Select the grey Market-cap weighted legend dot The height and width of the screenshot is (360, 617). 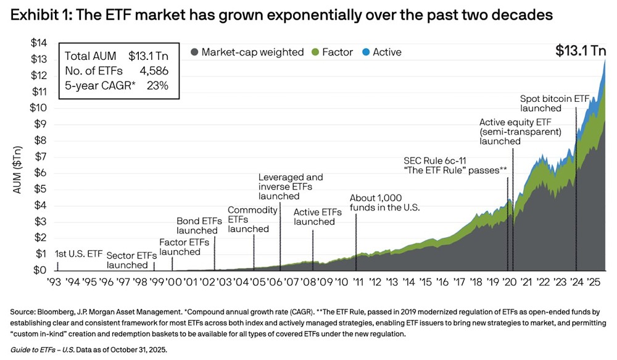(195, 52)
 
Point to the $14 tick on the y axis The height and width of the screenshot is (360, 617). (39, 43)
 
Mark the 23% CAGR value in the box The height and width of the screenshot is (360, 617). (157, 85)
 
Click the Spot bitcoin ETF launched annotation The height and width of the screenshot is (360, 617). (555, 103)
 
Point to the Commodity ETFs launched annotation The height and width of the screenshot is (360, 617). (253, 219)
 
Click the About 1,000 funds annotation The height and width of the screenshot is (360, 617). (384, 203)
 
